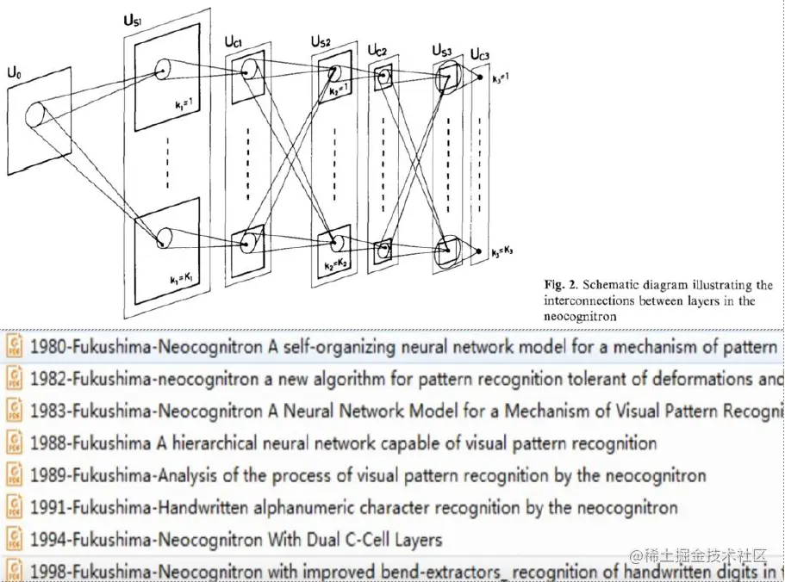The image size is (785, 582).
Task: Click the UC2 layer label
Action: [x=377, y=52]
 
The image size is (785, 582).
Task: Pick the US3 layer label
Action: [x=439, y=50]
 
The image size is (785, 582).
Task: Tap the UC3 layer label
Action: [x=480, y=55]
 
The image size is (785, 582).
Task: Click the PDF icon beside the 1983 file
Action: [x=15, y=411]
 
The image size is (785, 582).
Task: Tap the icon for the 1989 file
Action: [x=15, y=475]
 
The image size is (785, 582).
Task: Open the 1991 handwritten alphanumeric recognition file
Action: [x=353, y=508]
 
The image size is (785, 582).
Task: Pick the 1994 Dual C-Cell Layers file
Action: [x=236, y=540]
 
